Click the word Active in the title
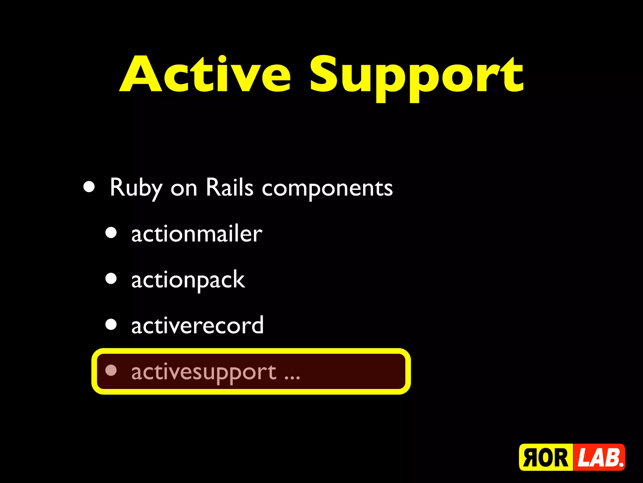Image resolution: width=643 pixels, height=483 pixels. coord(206,75)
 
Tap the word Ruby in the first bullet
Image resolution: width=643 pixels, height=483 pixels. coord(136,188)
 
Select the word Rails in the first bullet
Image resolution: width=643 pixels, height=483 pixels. coord(229,188)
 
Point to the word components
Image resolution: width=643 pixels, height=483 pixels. coord(327,189)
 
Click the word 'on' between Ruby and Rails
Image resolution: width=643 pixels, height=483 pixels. coord(184,189)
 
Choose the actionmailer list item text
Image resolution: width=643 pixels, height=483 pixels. coord(197,234)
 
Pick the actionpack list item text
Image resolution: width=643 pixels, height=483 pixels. coord(188,280)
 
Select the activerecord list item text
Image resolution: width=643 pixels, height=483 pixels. coord(197,326)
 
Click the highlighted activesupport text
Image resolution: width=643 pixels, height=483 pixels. coord(203,372)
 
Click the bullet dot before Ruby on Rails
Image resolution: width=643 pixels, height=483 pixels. coord(89,186)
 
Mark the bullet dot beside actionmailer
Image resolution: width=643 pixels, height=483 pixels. coord(111,233)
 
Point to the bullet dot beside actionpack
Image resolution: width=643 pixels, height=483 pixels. coord(111,279)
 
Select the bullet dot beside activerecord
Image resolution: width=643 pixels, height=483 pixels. coord(111,325)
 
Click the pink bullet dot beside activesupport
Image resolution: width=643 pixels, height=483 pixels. coord(111,370)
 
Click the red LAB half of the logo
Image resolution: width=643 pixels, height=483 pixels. coord(599,458)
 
